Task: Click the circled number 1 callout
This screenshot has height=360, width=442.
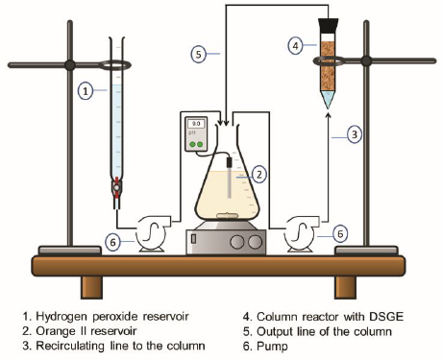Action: point(86,91)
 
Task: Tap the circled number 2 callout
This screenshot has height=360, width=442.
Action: point(259,175)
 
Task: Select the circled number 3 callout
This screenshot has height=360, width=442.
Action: point(355,133)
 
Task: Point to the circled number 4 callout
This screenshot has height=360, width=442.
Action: point(295,45)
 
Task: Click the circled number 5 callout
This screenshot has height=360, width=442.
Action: point(199,54)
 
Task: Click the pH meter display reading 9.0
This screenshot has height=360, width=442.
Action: point(196,124)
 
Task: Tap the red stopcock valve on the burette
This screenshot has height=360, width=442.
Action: point(116,186)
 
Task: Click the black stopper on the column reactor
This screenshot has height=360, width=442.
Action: point(328,25)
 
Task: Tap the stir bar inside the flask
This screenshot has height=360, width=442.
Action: point(227,216)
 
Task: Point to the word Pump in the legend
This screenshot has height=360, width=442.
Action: point(272,347)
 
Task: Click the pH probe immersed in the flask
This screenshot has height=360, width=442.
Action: point(230,177)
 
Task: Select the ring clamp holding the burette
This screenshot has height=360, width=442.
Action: point(114,65)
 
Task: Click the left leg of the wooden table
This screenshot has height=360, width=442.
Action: point(91,287)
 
